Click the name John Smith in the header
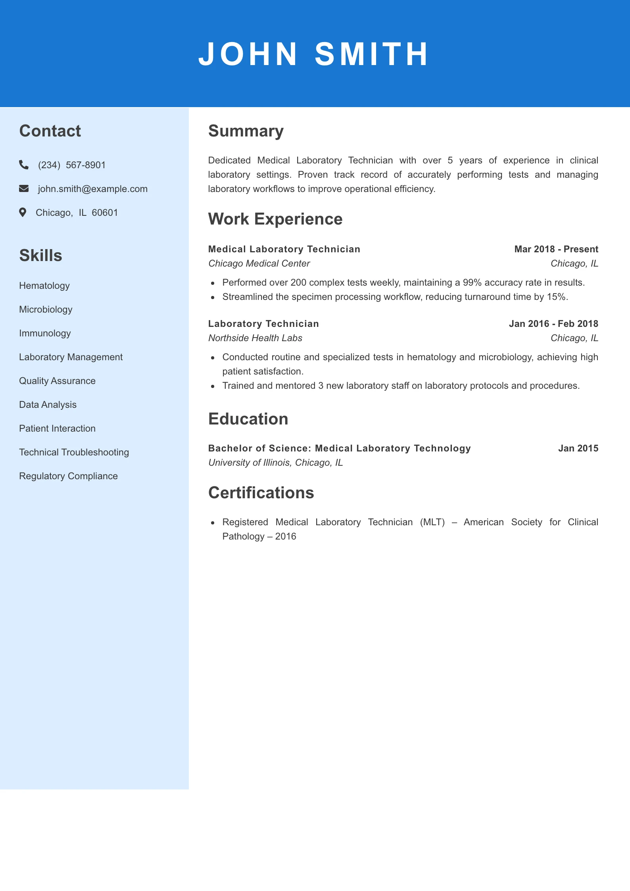313,54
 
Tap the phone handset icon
24,165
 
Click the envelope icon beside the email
24,188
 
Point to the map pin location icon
23,213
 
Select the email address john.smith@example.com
92,189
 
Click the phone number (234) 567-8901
72,165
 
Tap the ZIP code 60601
105,213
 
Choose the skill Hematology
44,286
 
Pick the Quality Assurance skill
57,381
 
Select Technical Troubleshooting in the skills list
74,452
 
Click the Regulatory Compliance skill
68,476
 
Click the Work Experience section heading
275,219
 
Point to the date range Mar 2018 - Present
556,249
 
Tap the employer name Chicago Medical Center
259,263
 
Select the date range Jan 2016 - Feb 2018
553,324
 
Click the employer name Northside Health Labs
255,338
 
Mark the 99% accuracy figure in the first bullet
472,282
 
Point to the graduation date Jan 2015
578,448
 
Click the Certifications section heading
261,493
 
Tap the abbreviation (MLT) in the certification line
432,522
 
